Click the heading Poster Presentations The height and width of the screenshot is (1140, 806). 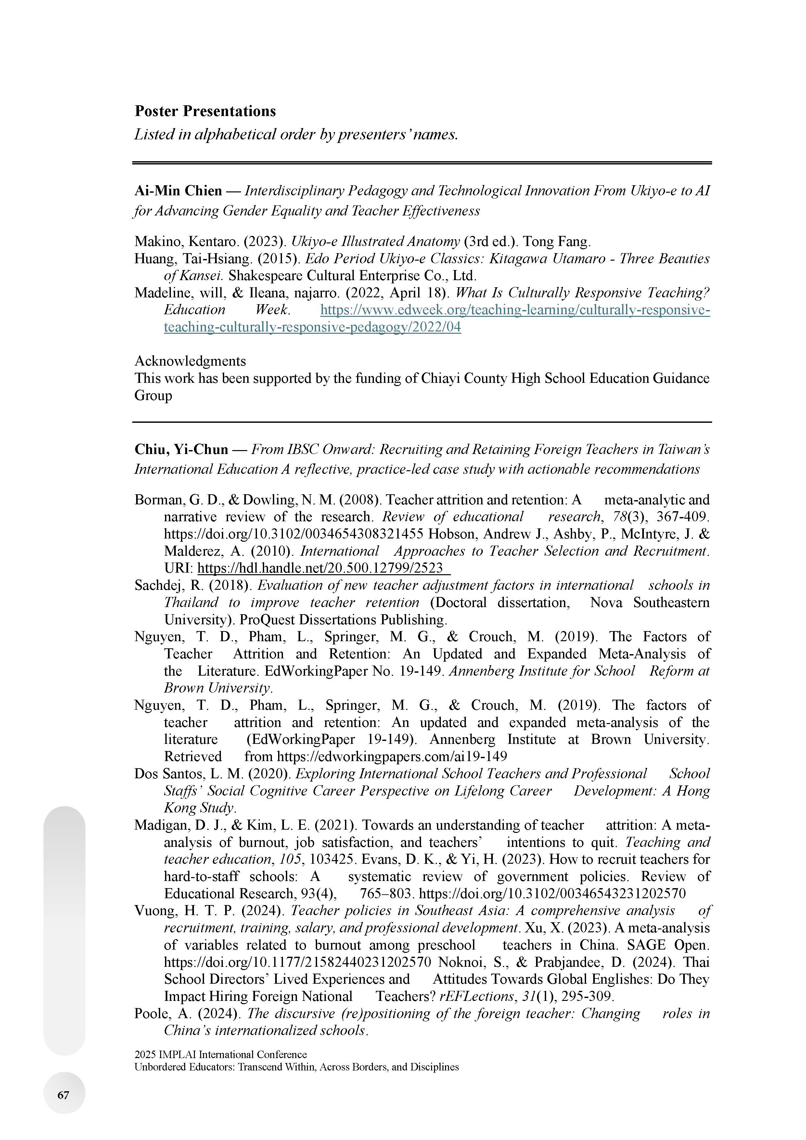205,111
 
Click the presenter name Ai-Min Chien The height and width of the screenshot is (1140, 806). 178,191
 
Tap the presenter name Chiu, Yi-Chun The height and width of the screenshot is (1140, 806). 181,449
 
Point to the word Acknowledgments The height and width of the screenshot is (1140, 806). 190,361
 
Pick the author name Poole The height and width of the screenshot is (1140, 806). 150,1013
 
